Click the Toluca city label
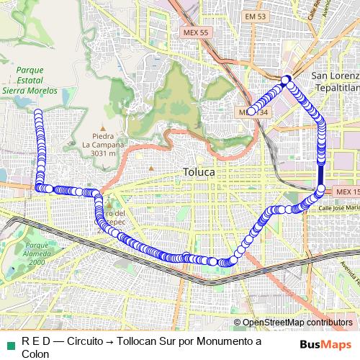click(x=199, y=173)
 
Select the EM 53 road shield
click(x=256, y=16)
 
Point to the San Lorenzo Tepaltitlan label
click(x=333, y=81)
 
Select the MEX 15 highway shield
click(x=346, y=192)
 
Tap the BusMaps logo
click(x=325, y=343)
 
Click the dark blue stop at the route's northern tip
click(x=286, y=78)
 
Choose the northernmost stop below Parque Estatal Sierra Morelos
click(x=37, y=113)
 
